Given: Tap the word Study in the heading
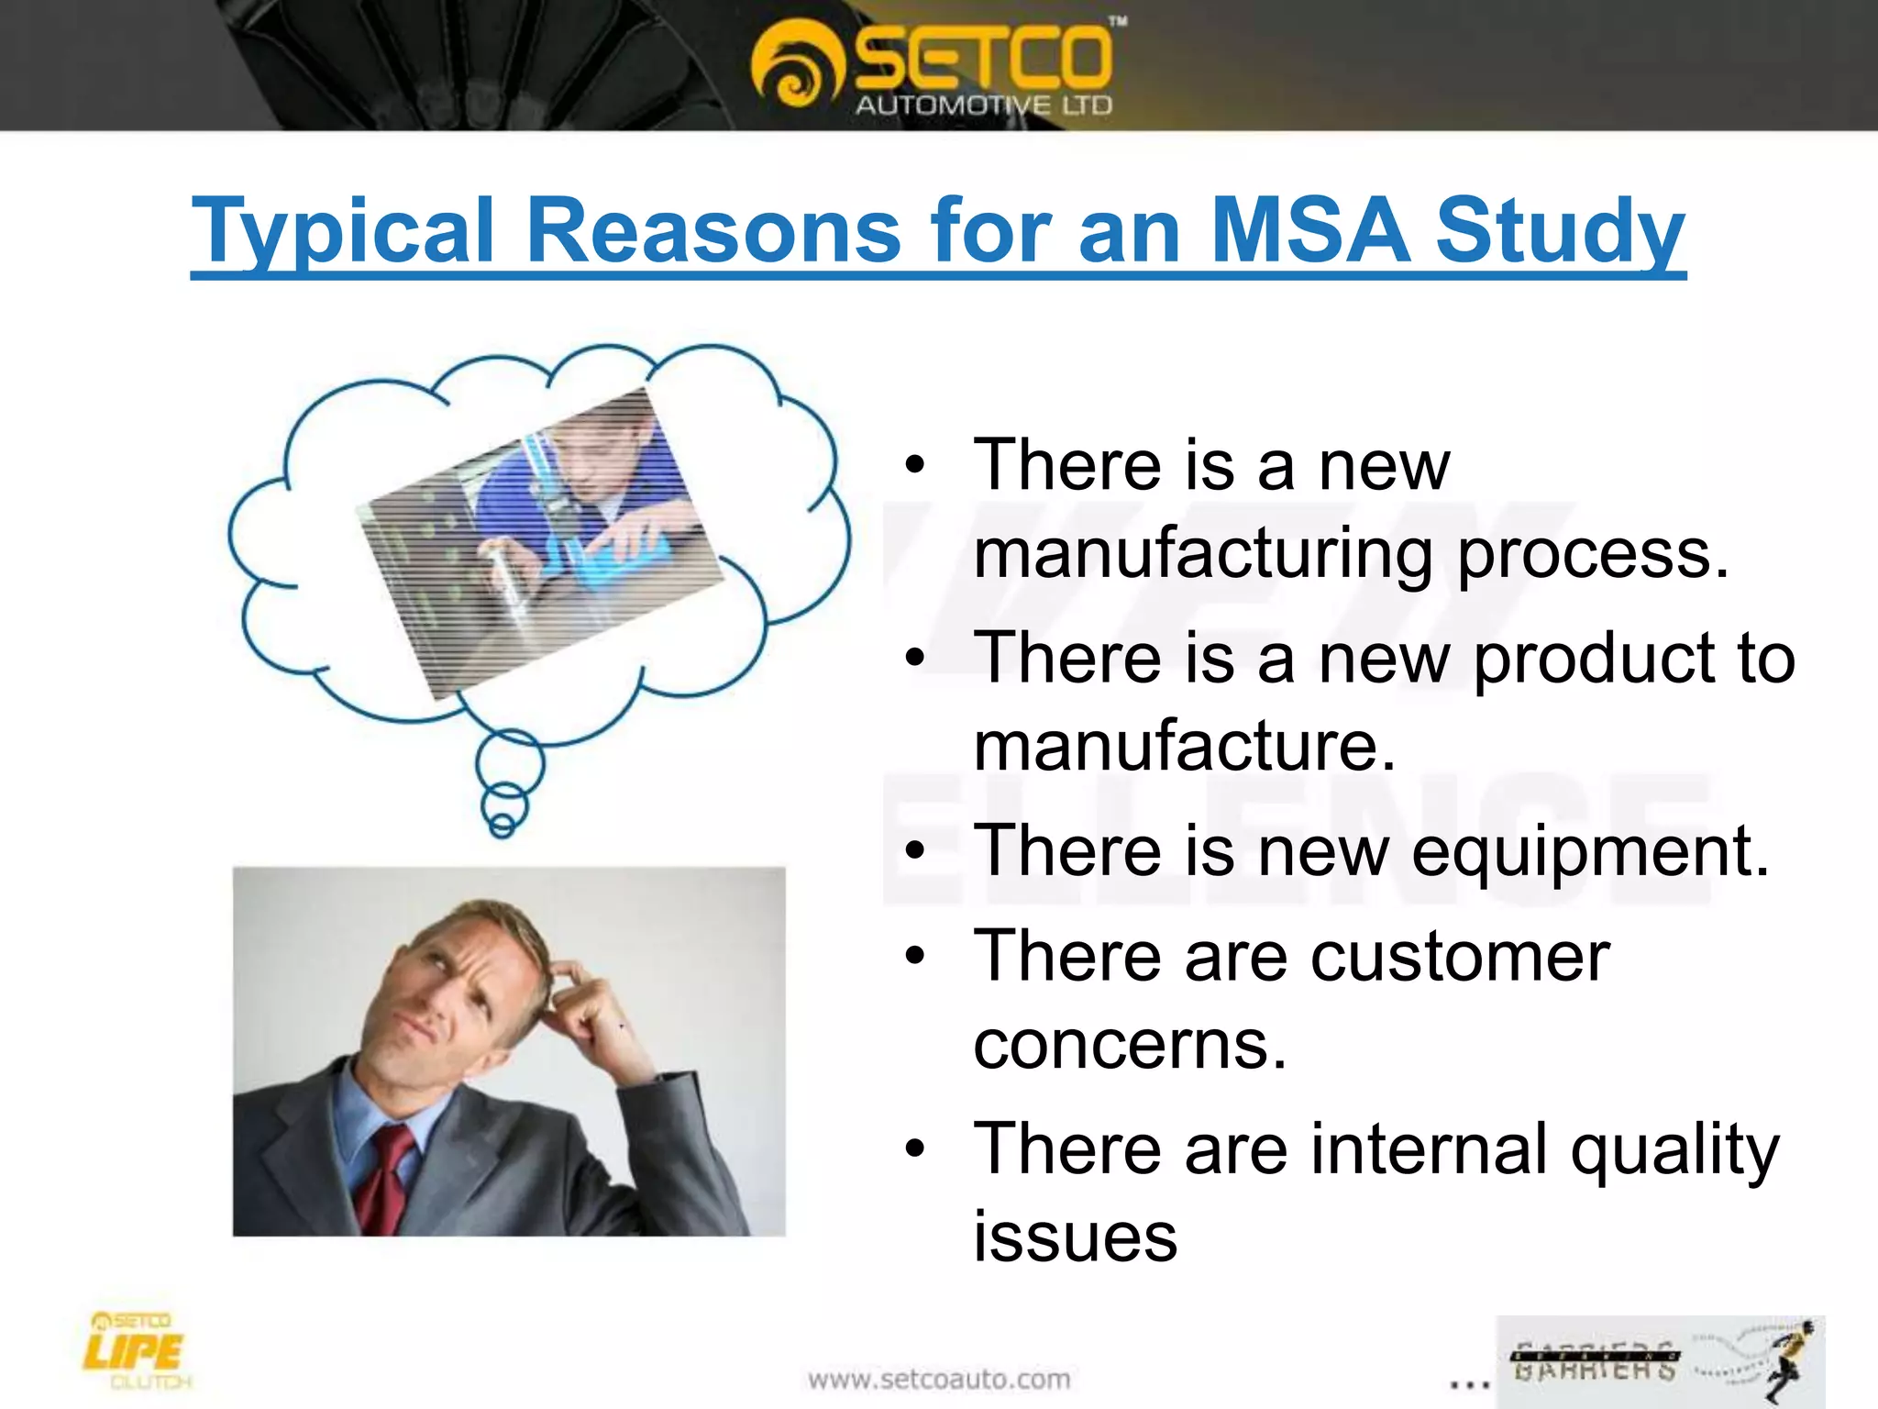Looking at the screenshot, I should tap(1559, 231).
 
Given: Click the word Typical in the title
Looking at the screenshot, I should tap(343, 231).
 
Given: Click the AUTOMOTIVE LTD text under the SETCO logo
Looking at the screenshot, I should tap(983, 105).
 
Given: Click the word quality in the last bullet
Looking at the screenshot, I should tap(1674, 1150).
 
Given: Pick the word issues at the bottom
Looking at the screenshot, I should tap(1075, 1237).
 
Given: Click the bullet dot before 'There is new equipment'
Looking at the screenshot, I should tap(914, 851).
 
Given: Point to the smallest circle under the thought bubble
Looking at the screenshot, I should tap(502, 826).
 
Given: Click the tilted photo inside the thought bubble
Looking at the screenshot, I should tap(541, 541).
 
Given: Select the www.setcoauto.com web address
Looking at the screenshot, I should tap(939, 1379).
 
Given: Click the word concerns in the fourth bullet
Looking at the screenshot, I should tap(1130, 1046).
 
